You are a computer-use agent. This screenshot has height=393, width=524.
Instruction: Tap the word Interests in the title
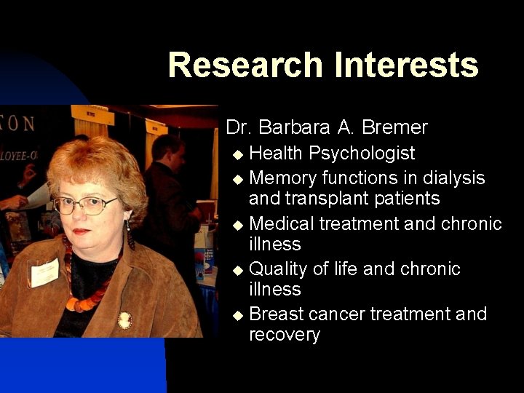click(406, 65)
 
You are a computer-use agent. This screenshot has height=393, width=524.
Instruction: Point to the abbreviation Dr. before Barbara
click(239, 128)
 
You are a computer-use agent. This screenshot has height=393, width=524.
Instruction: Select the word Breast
click(276, 314)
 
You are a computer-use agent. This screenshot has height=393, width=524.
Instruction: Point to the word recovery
click(285, 335)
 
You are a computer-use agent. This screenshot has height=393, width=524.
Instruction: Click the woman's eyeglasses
click(85, 205)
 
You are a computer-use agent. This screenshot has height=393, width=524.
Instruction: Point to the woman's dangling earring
click(130, 235)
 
